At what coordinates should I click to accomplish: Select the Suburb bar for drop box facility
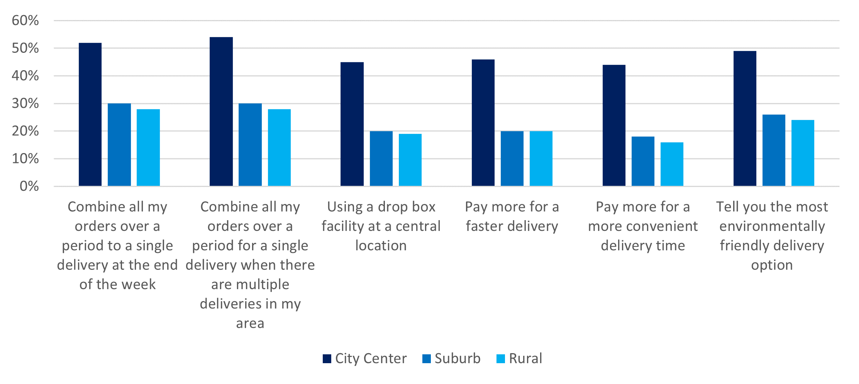(x=381, y=158)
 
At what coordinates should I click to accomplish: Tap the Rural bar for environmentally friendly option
(x=803, y=153)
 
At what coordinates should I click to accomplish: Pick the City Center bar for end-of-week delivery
(x=90, y=115)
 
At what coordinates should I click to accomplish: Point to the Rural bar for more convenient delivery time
(x=672, y=164)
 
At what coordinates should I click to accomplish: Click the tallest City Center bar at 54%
(x=221, y=112)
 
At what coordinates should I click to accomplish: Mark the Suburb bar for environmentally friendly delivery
(x=774, y=150)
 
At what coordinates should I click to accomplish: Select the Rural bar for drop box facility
(x=410, y=160)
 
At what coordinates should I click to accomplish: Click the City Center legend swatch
(x=327, y=359)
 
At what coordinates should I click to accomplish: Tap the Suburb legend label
(x=457, y=359)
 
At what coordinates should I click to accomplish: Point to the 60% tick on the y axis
(x=25, y=20)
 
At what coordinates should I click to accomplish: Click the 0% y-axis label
(x=29, y=187)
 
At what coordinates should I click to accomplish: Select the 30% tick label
(x=25, y=103)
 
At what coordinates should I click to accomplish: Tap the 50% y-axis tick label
(x=25, y=48)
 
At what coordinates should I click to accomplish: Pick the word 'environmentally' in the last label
(x=772, y=226)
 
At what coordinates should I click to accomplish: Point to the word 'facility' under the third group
(x=342, y=226)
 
